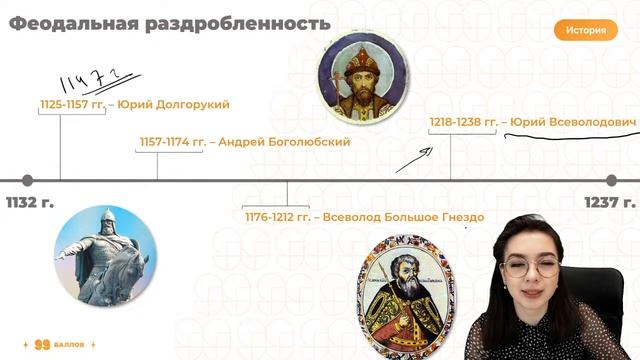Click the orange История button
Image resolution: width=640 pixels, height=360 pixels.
pos(585,30)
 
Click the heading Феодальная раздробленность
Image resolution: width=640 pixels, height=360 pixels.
pos(169,23)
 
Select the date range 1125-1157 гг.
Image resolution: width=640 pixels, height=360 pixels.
pos(71,104)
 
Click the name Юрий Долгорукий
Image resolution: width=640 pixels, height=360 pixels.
pos(174,104)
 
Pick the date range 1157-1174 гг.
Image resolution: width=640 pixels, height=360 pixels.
pos(170,142)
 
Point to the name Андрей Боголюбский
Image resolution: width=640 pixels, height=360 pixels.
pos(285,142)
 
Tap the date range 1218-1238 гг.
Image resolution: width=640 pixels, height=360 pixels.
pos(463,122)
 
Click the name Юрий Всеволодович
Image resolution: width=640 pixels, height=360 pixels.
pos(573,122)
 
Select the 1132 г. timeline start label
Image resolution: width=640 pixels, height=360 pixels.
pos(30,203)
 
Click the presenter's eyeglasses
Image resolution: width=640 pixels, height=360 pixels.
pos(529,267)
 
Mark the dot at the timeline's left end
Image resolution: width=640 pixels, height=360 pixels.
pos(27,180)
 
